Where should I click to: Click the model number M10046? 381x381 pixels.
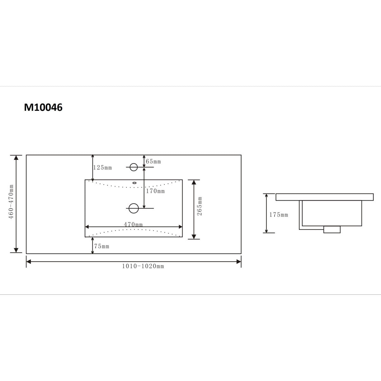pyautogui.click(x=43, y=107)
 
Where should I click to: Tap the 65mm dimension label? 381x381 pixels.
pyautogui.click(x=153, y=162)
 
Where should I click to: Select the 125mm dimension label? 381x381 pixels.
pyautogui.click(x=103, y=168)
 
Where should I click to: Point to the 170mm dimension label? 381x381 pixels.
pyautogui.click(x=155, y=191)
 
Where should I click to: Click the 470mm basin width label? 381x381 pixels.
pyautogui.click(x=133, y=224)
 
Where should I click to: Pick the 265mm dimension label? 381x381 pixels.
pyautogui.click(x=199, y=206)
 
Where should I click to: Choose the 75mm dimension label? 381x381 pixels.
pyautogui.click(x=102, y=246)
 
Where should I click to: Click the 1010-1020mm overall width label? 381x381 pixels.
pyautogui.click(x=143, y=266)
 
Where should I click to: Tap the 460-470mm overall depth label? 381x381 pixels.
pyautogui.click(x=11, y=202)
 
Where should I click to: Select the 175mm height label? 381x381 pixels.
pyautogui.click(x=279, y=215)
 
